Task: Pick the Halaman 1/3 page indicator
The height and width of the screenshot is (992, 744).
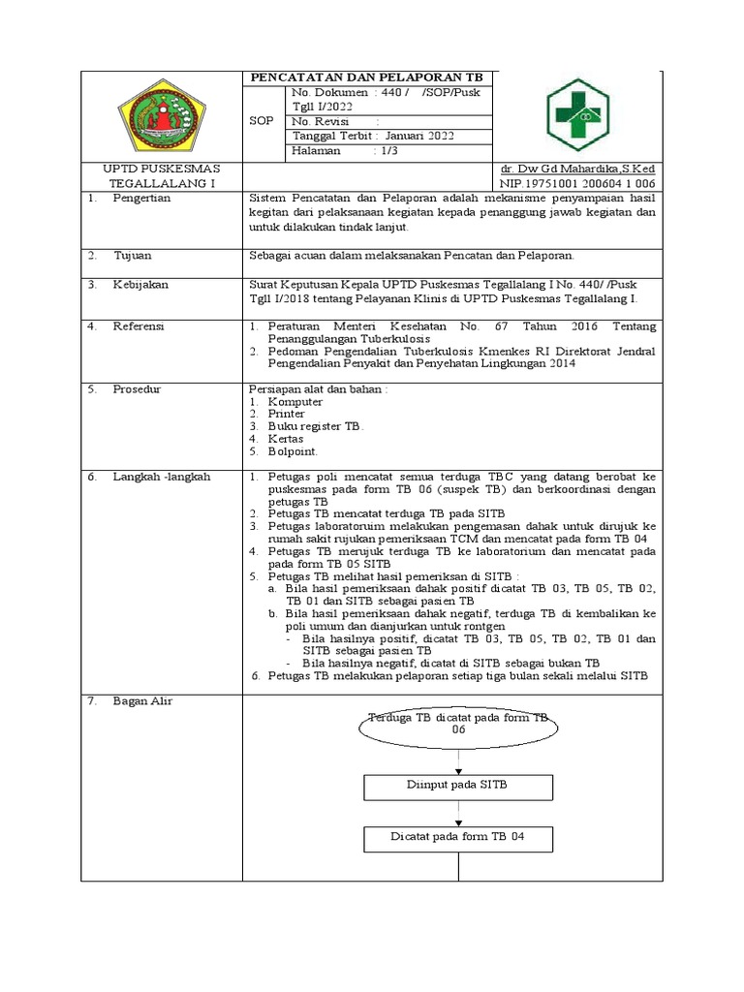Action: (333, 152)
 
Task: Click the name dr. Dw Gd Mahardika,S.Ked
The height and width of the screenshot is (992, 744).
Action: (577, 169)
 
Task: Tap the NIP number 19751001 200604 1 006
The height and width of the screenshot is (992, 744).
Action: (577, 182)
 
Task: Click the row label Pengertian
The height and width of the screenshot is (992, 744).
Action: (141, 197)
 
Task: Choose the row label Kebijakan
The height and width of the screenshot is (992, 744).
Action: (141, 285)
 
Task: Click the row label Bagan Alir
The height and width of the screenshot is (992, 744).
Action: (142, 700)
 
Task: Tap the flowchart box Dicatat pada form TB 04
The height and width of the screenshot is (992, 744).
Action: (458, 837)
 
